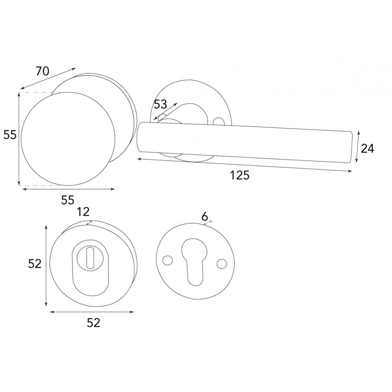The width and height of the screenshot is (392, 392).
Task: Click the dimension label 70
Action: [x=42, y=71]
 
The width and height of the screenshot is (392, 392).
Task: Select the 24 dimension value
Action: [x=367, y=149]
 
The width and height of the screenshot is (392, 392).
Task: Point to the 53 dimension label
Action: [x=160, y=104]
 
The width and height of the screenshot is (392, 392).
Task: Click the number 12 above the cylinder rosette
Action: [x=83, y=212]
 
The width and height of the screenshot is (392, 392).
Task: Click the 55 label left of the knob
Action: [x=10, y=135]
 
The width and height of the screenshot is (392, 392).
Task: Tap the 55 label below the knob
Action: [x=67, y=200]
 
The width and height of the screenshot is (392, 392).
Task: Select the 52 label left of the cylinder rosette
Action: [x=34, y=264]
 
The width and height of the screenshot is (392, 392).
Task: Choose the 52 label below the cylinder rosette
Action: [x=93, y=323]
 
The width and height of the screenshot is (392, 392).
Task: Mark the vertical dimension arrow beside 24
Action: [x=358, y=147]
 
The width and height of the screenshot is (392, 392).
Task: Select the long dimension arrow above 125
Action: [x=244, y=165]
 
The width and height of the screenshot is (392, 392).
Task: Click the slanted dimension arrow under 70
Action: [x=48, y=78]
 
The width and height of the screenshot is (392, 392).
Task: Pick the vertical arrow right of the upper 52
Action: [x=46, y=265]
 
